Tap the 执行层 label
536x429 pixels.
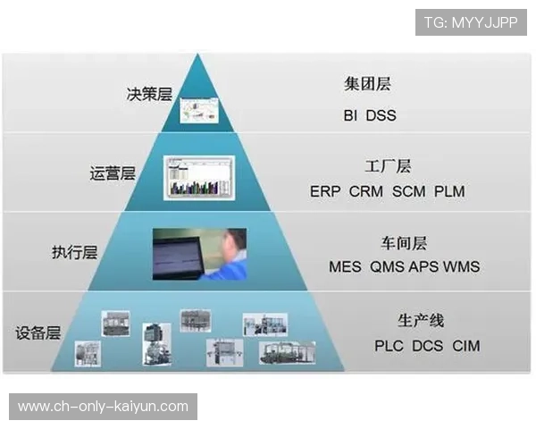click(74, 252)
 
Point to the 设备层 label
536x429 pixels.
click(38, 333)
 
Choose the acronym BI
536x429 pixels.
click(350, 115)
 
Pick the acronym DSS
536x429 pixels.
click(381, 115)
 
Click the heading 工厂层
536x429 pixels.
click(388, 166)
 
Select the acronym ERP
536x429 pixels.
click(326, 191)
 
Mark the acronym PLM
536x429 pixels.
click(449, 191)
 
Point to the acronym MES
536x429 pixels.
click(346, 267)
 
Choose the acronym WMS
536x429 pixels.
click(462, 267)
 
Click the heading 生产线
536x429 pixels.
click(421, 320)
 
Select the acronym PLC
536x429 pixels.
click(389, 346)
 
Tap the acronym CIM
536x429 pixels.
click(466, 346)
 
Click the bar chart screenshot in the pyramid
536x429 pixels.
click(198, 177)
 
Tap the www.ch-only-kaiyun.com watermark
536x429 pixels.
click(104, 407)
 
